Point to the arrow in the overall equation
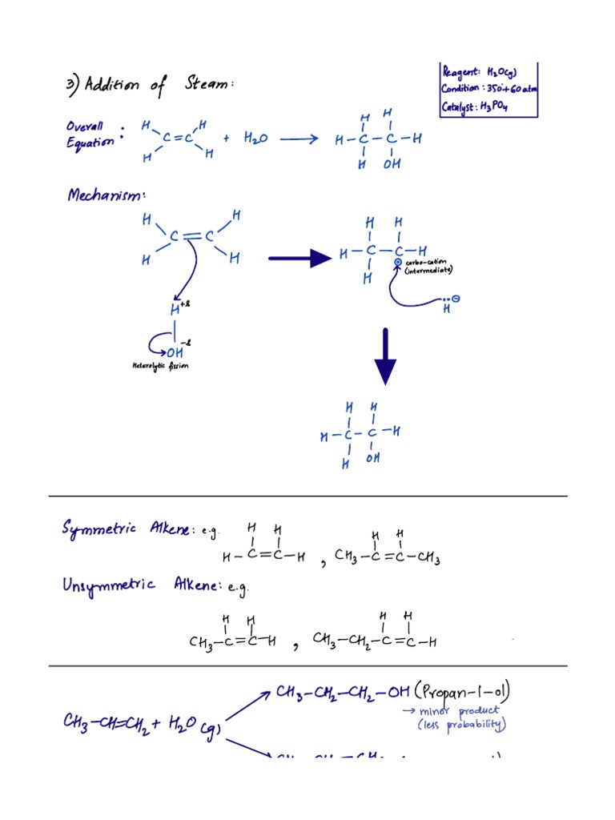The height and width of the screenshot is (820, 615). (299, 139)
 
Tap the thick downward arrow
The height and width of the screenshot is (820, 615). (385, 356)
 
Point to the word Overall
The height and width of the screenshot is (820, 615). (85, 126)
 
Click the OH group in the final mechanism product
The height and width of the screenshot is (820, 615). (373, 459)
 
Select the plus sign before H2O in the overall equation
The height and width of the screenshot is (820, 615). (227, 139)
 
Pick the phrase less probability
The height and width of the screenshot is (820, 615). (462, 726)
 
